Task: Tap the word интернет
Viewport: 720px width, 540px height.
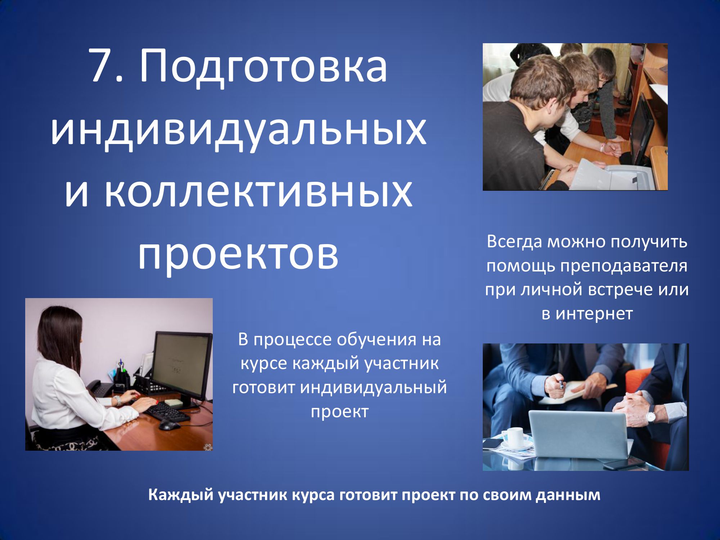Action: [x=594, y=314]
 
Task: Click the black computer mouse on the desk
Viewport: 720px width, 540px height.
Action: [x=169, y=425]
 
